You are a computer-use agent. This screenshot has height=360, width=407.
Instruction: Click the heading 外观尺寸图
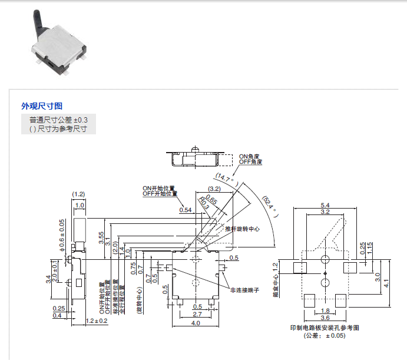pyautogui.click(x=41, y=106)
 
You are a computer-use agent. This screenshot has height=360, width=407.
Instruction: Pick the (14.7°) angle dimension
pyautogui.click(x=226, y=175)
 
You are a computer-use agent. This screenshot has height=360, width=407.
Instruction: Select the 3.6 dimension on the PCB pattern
pyautogui.click(x=325, y=318)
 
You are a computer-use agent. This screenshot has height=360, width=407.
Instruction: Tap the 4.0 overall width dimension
pyautogui.click(x=196, y=323)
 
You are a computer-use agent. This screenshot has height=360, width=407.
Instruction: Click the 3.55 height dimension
pyautogui.click(x=101, y=238)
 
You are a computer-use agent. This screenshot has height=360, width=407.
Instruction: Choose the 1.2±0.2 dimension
pyautogui.click(x=97, y=321)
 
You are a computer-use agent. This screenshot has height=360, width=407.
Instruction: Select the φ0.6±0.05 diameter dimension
pyautogui.click(x=61, y=235)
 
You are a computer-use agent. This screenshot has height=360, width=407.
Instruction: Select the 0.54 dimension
pyautogui.click(x=186, y=210)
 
